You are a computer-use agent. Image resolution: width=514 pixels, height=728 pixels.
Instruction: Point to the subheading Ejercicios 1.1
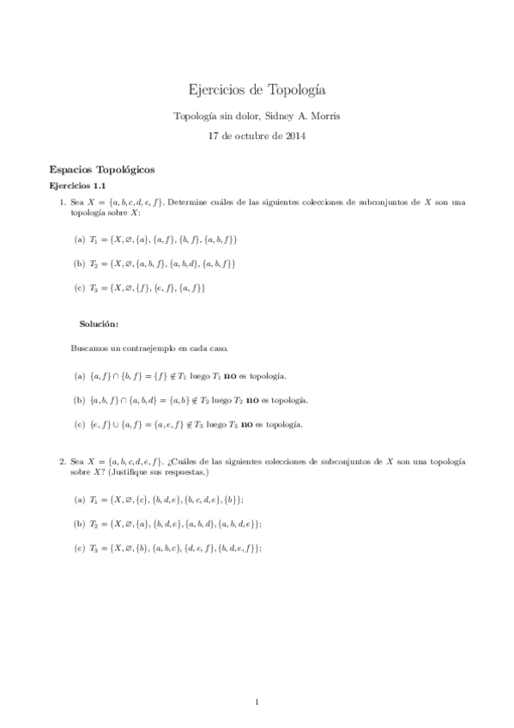(77, 185)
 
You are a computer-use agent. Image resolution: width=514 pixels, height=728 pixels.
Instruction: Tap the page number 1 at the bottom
(257, 703)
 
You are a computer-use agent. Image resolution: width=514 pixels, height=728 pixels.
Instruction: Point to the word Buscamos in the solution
(90, 349)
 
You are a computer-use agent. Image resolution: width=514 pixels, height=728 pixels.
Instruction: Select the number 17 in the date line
(215, 135)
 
